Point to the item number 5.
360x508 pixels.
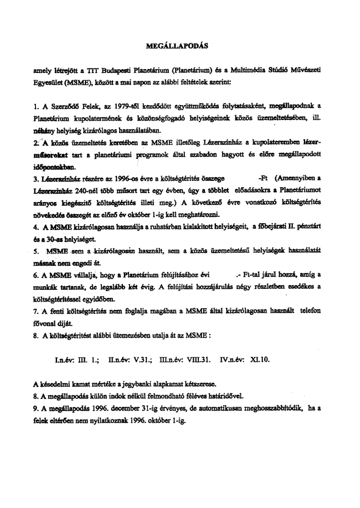36,252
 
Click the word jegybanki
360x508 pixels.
147,382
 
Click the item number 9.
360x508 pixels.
36,409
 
